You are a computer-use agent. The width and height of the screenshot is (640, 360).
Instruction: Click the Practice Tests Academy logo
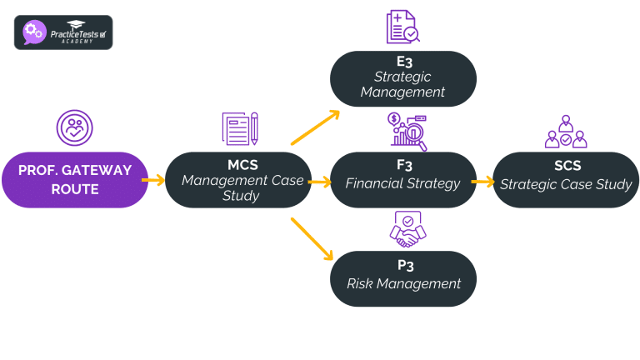(63, 32)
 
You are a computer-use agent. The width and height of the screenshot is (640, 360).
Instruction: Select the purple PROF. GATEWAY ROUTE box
(75, 179)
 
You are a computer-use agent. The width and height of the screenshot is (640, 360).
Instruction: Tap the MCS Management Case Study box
(237, 179)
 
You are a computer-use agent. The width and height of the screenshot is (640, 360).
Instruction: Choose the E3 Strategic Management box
(402, 79)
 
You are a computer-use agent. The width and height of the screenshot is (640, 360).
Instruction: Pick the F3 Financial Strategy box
(402, 179)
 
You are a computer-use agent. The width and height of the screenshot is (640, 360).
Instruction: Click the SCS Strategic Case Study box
(566, 179)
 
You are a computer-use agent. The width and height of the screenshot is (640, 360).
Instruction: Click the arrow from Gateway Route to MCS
(152, 179)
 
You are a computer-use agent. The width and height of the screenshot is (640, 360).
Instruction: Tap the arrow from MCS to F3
(318, 181)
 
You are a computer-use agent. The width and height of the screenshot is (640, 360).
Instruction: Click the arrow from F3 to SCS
(482, 181)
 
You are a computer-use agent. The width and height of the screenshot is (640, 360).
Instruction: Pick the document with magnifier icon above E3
(402, 27)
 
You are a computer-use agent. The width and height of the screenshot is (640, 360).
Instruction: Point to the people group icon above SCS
(566, 132)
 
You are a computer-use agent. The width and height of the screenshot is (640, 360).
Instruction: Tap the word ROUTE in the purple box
(75, 190)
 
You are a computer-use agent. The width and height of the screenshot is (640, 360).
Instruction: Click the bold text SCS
(566, 166)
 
